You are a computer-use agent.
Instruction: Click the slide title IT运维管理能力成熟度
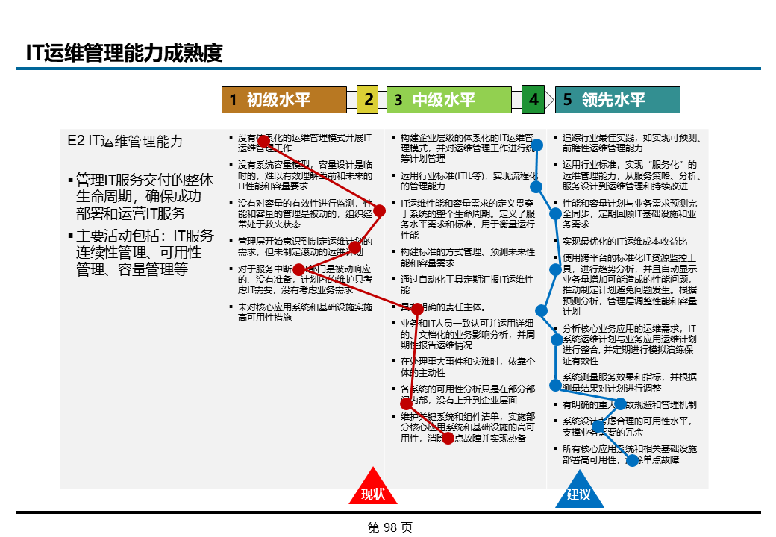coord(125,53)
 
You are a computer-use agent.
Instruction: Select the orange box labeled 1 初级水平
coord(284,100)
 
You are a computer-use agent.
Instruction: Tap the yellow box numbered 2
coord(368,100)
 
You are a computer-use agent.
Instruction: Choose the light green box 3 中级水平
coord(448,100)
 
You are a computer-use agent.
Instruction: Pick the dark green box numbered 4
coord(533,99)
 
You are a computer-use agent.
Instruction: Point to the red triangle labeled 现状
coord(372,489)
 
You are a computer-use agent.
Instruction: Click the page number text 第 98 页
coord(389,527)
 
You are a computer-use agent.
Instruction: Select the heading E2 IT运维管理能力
coord(125,141)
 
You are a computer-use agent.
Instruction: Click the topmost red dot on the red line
coord(263,140)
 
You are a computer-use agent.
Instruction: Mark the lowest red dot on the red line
coord(448,439)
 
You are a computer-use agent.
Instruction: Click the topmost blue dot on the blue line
coord(536,145)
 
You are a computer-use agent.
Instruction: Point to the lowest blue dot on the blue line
coord(632,460)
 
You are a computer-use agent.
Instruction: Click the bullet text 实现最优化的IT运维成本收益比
coord(625,242)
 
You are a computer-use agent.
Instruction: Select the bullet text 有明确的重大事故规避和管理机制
coord(629,404)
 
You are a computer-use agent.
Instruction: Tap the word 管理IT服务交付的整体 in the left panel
coord(145,180)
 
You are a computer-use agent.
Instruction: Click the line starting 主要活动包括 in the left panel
coord(145,236)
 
